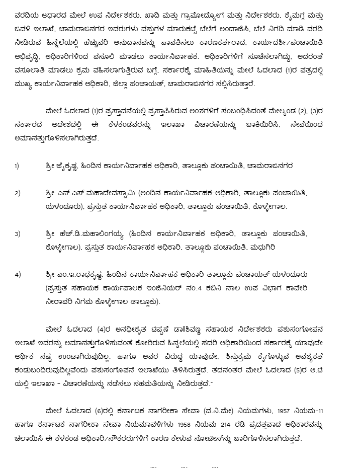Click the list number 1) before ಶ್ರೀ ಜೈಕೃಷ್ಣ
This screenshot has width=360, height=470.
(17, 166)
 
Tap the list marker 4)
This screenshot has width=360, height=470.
(18, 274)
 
